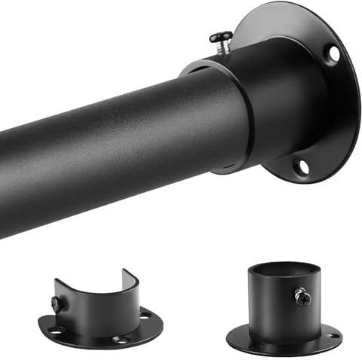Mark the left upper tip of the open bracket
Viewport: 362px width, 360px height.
57,281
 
